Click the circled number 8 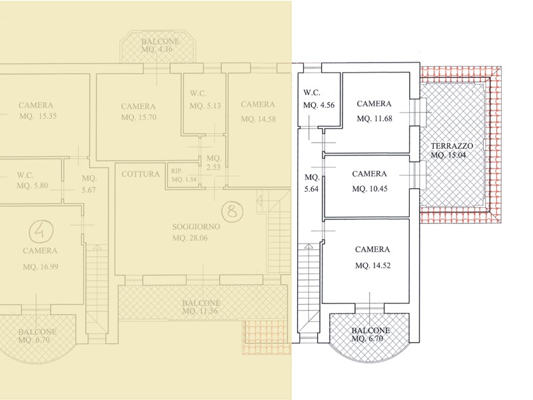(x=233, y=211)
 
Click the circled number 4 (x=41, y=231)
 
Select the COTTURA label (x=141, y=174)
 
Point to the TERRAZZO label (x=452, y=146)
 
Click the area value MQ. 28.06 (x=190, y=238)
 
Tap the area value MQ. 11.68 (x=374, y=119)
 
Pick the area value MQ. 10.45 (x=370, y=189)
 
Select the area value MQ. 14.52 (x=373, y=265)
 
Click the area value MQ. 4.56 (x=319, y=105)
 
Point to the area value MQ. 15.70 (x=139, y=118)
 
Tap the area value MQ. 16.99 (x=41, y=267)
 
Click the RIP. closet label (x=177, y=171)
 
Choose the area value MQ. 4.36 (x=157, y=49)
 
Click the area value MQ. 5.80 (x=32, y=186)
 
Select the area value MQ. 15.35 (x=38, y=116)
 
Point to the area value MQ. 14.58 (x=259, y=119)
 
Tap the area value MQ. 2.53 (x=214, y=163)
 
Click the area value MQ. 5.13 (x=205, y=106)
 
